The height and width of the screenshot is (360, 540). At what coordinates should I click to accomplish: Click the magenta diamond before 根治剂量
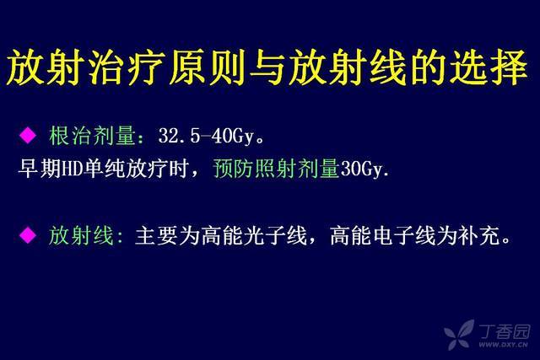click(28, 135)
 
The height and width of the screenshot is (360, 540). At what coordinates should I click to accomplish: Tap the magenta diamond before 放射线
click(28, 235)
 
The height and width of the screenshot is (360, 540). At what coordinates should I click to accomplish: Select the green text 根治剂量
click(92, 136)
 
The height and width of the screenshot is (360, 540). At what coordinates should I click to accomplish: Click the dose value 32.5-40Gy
click(207, 136)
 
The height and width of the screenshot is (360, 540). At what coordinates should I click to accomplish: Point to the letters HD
click(71, 169)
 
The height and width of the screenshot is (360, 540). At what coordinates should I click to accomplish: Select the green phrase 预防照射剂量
click(276, 169)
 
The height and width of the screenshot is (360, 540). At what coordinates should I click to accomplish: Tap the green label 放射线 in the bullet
click(81, 236)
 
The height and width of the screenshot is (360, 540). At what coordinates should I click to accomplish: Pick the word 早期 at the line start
click(39, 169)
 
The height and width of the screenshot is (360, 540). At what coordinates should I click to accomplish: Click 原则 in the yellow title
click(208, 67)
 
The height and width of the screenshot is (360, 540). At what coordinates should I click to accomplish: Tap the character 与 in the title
click(268, 67)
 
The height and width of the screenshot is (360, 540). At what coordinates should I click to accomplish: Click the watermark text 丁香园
click(505, 332)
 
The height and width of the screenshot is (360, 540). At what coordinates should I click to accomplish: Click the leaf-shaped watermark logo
click(460, 335)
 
